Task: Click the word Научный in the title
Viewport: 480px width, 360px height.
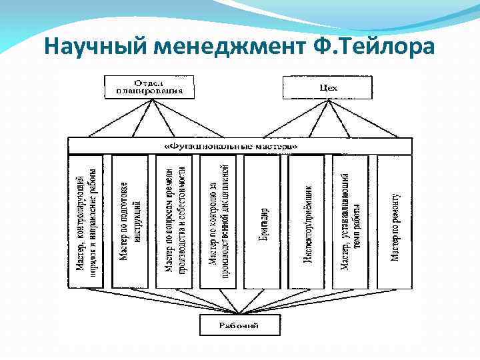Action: point(94,47)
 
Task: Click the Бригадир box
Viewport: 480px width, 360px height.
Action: point(263,222)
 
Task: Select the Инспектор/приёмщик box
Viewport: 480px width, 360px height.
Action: point(307,222)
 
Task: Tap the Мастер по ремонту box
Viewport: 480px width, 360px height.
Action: point(395,222)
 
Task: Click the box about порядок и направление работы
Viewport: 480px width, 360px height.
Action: point(85,222)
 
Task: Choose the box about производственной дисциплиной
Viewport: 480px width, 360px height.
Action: point(218,222)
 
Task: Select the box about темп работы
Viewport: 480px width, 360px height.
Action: point(351,222)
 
